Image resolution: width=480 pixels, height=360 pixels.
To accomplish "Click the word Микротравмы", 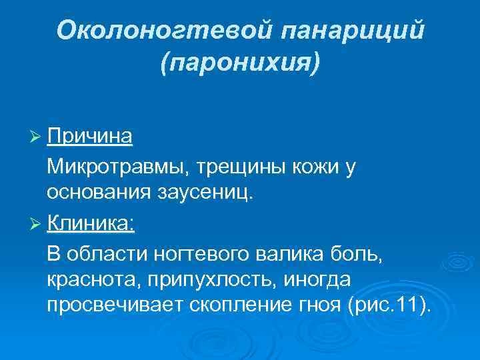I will pos(101,167).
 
